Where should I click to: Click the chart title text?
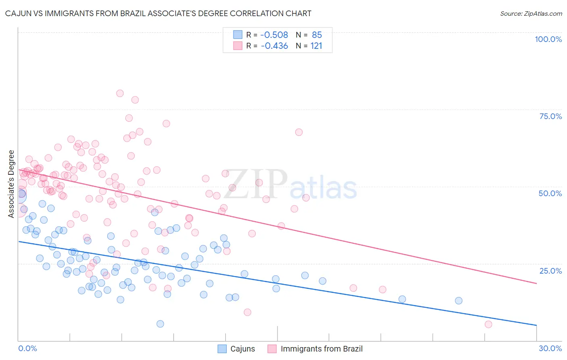click(x=158, y=13)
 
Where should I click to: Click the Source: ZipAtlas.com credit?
click(x=531, y=13)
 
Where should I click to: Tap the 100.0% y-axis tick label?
click(x=548, y=39)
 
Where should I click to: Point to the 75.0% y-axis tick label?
click(x=550, y=116)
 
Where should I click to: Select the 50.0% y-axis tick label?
click(x=550, y=193)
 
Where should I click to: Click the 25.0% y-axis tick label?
click(x=550, y=270)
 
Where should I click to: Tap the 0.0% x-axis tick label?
click(x=27, y=348)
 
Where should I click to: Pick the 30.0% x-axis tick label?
click(x=550, y=348)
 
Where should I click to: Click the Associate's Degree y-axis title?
click(x=11, y=184)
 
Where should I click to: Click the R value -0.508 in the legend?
click(x=274, y=35)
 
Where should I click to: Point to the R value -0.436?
click(x=274, y=46)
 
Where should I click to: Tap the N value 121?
click(x=316, y=46)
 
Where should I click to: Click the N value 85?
click(x=317, y=35)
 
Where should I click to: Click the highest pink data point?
click(x=120, y=93)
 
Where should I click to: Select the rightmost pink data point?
click(x=488, y=324)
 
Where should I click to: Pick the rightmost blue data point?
click(x=459, y=301)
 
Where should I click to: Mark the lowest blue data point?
click(x=160, y=324)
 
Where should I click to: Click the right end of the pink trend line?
click(x=536, y=283)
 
